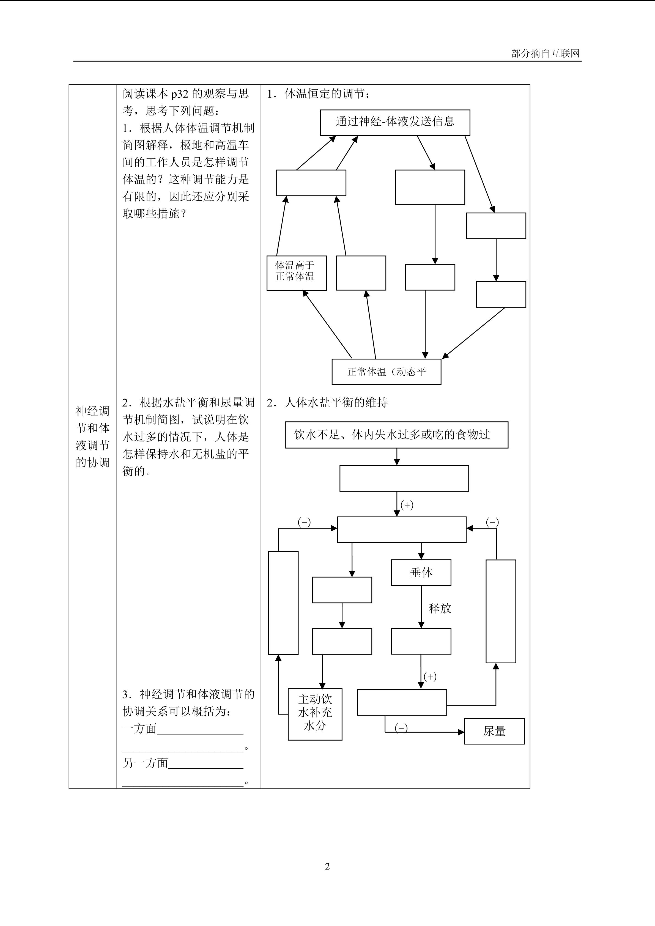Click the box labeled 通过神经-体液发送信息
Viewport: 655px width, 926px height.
pos(395,122)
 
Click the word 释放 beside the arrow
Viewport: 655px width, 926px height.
pos(440,608)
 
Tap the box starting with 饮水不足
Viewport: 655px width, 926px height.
pos(396,435)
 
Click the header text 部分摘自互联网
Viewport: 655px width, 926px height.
pos(545,54)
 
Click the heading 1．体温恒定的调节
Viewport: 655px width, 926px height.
pos(319,94)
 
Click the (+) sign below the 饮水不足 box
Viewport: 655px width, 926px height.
pos(407,505)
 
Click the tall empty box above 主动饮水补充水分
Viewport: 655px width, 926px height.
pos(283,603)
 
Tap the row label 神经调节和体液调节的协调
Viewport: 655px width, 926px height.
pos(92,436)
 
